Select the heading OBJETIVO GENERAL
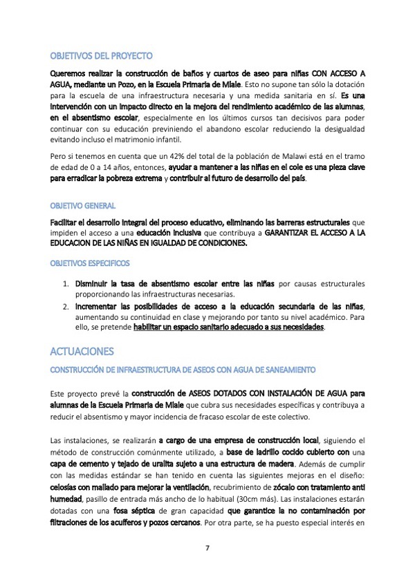click(x=83, y=206)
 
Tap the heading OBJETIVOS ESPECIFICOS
click(x=89, y=263)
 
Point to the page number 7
click(x=207, y=548)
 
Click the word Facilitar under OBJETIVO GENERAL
click(x=68, y=222)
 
